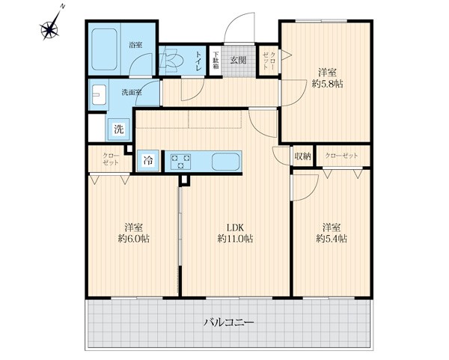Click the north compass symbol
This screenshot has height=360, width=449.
pyautogui.click(x=51, y=27)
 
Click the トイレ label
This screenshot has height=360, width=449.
pyautogui.click(x=199, y=61)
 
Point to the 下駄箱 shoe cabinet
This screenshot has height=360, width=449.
pyautogui.click(x=216, y=60)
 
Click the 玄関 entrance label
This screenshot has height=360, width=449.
pyautogui.click(x=239, y=60)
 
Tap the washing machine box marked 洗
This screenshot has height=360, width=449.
pyautogui.click(x=119, y=129)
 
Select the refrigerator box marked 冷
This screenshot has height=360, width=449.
pyautogui.click(x=148, y=161)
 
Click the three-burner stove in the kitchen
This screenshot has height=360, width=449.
pyautogui.click(x=180, y=161)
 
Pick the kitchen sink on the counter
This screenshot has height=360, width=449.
pyautogui.click(x=226, y=162)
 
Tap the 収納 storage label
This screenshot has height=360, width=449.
pyautogui.click(x=302, y=156)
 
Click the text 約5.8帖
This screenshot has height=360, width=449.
pyautogui.click(x=327, y=84)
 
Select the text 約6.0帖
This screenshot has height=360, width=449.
pyautogui.click(x=134, y=239)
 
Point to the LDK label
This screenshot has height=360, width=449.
pyautogui.click(x=235, y=228)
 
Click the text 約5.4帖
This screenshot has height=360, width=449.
pyautogui.click(x=332, y=239)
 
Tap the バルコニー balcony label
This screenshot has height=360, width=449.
pyautogui.click(x=229, y=323)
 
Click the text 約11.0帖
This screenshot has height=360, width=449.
pyautogui.click(x=235, y=239)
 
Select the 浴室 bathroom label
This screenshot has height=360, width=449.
pyautogui.click(x=135, y=45)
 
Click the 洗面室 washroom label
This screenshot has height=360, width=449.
pyautogui.click(x=132, y=93)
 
